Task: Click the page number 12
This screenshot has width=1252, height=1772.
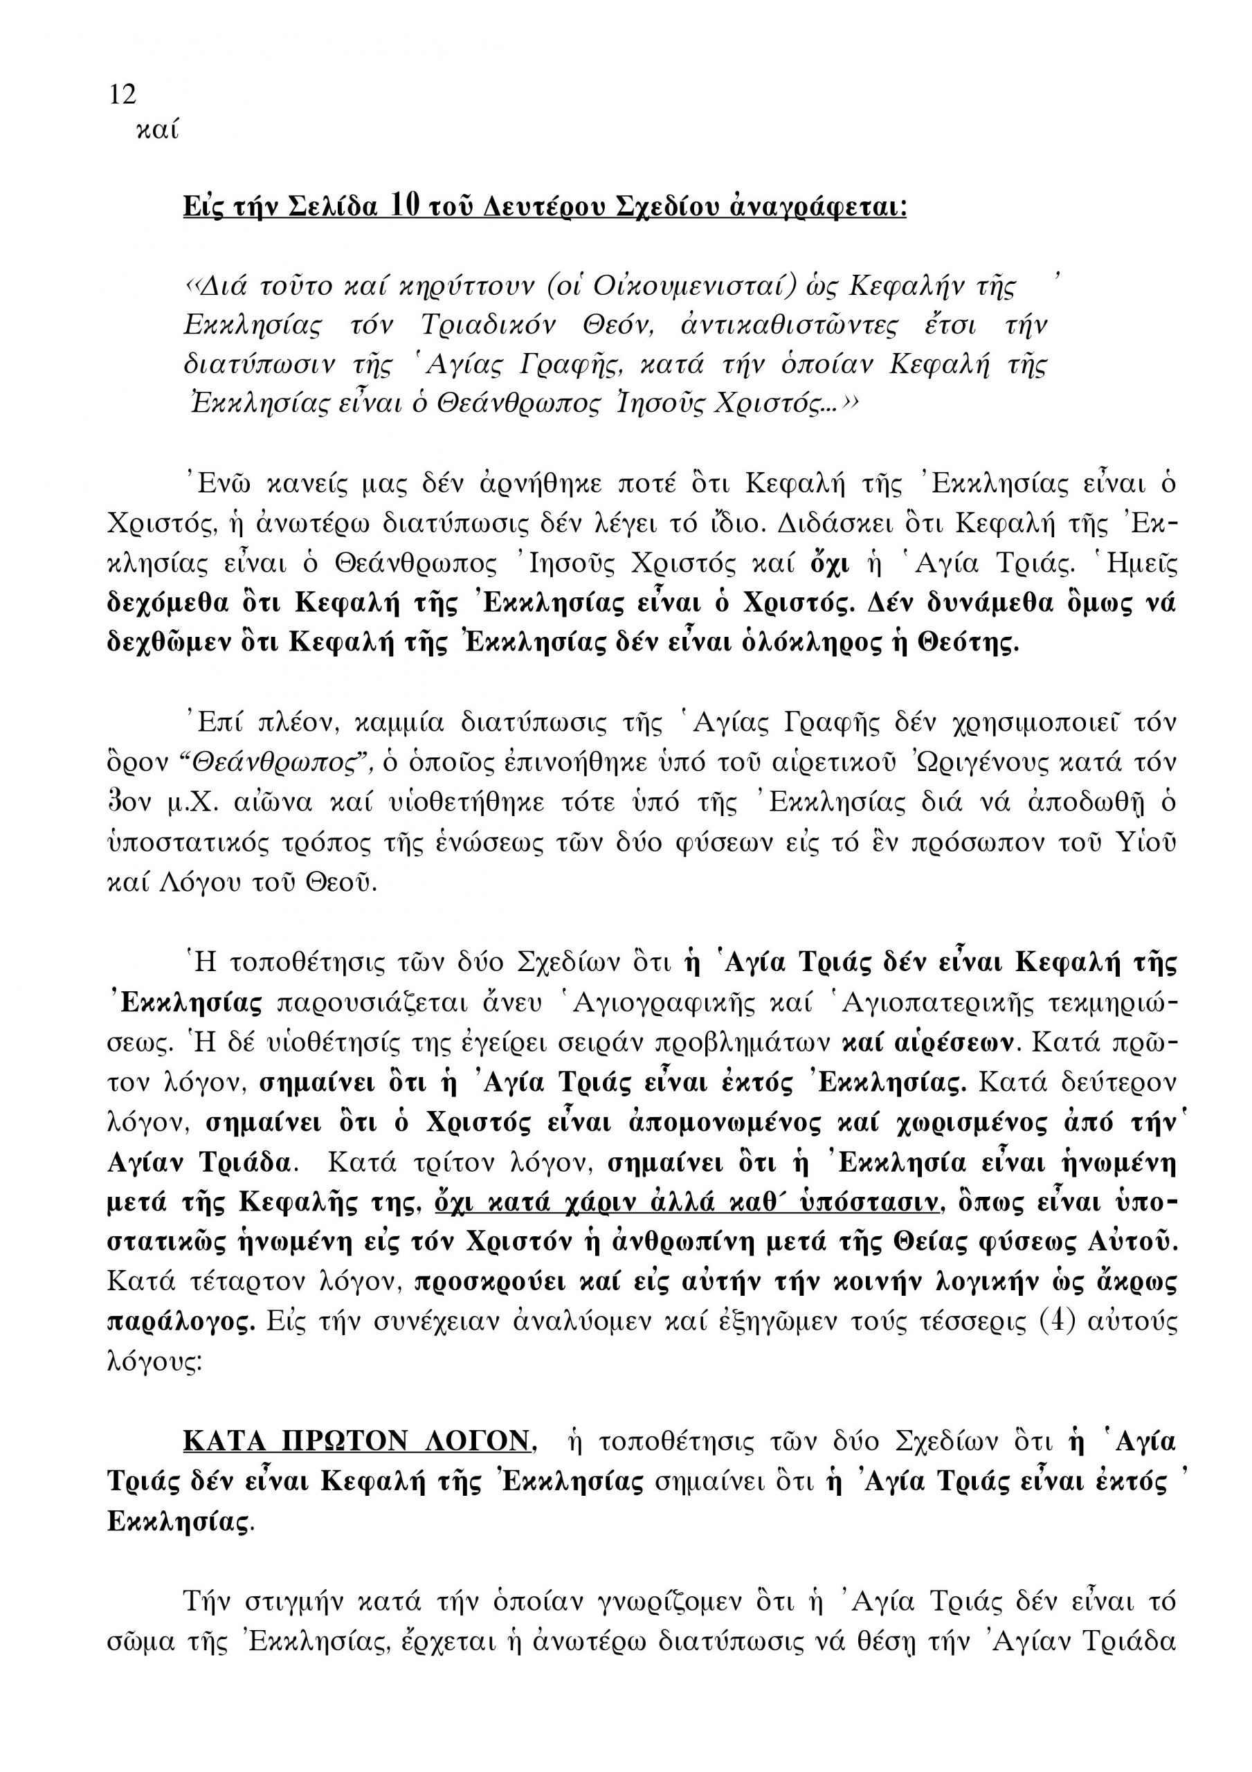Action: [123, 95]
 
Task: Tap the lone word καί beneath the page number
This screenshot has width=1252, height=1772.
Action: [156, 130]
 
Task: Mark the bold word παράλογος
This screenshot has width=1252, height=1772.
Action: [181, 1322]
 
